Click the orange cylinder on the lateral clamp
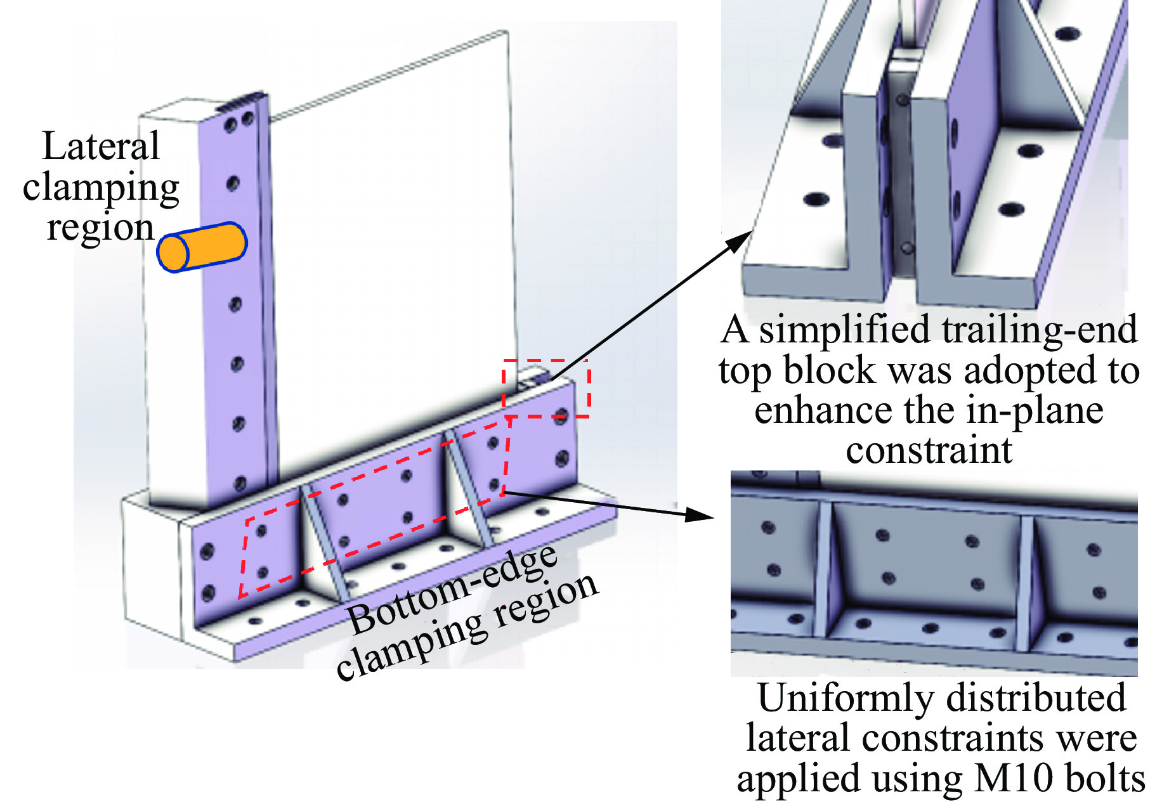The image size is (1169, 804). pos(202,247)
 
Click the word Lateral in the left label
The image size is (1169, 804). pos(101,146)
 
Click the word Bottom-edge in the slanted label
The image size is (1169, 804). pos(453,589)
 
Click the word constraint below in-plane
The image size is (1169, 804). pos(929,450)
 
